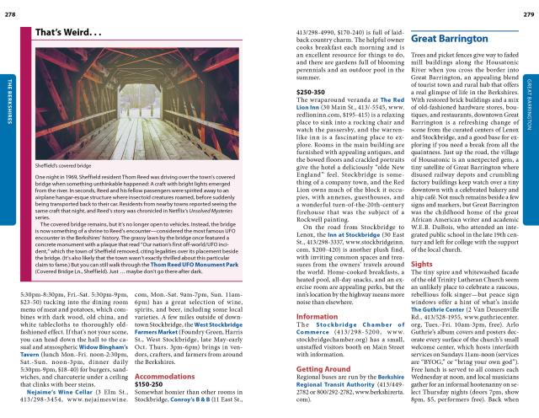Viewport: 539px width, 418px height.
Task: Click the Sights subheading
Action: [x=422, y=310]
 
